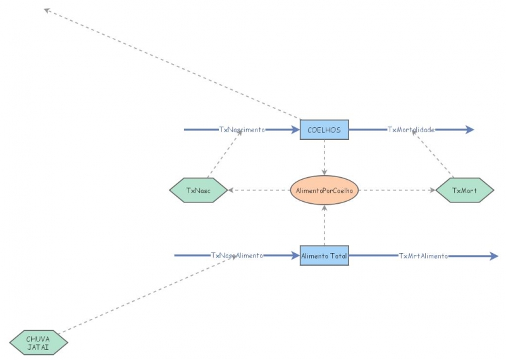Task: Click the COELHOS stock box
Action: [x=324, y=130]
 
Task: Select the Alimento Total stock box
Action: [x=324, y=256]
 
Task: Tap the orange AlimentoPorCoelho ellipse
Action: [x=324, y=190]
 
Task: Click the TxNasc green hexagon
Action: [x=199, y=190]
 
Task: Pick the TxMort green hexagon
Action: [x=465, y=190]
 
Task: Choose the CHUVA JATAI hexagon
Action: [x=38, y=342]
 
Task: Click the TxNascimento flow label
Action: [x=242, y=130]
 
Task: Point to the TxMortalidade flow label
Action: [x=411, y=130]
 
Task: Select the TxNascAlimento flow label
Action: [x=237, y=256]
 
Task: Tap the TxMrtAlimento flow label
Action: [x=423, y=256]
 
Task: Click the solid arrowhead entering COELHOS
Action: [x=295, y=130]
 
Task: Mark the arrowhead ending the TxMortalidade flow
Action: [x=469, y=130]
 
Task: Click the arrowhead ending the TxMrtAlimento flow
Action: [x=494, y=256]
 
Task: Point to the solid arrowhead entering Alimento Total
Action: [x=295, y=256]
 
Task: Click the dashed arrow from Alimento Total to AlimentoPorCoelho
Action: [x=324, y=225]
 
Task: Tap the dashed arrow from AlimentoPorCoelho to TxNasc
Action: [x=259, y=190]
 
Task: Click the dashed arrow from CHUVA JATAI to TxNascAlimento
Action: [x=145, y=294]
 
